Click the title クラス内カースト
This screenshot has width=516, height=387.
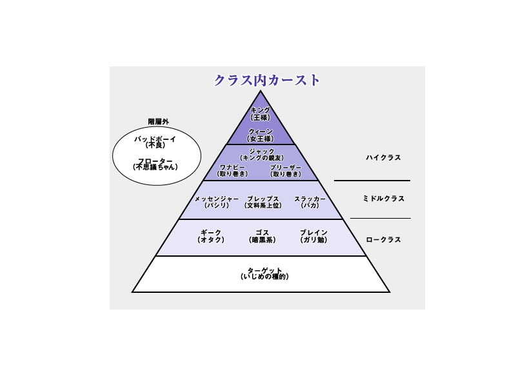click(x=267, y=81)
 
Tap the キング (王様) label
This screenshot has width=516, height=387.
click(x=261, y=114)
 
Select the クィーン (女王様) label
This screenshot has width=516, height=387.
click(x=261, y=135)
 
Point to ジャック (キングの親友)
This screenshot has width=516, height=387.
click(x=261, y=154)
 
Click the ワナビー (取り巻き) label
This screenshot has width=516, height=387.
click(x=233, y=170)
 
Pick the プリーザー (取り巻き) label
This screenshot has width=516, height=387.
click(x=285, y=170)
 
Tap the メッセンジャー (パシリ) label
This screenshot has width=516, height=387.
click(x=217, y=202)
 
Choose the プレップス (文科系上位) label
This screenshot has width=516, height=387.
click(x=263, y=202)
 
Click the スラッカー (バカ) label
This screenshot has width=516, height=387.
click(x=310, y=202)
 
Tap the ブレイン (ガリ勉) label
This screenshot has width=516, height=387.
click(x=314, y=235)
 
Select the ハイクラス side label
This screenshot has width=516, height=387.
click(x=383, y=157)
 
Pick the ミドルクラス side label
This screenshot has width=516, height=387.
click(x=383, y=199)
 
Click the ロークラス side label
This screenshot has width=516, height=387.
click(x=383, y=239)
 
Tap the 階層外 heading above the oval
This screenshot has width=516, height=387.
click(x=159, y=121)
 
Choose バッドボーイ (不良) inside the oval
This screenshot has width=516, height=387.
click(x=155, y=142)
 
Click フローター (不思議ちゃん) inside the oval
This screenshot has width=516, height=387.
click(x=155, y=164)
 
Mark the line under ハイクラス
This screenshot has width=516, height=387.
click(x=372, y=181)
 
